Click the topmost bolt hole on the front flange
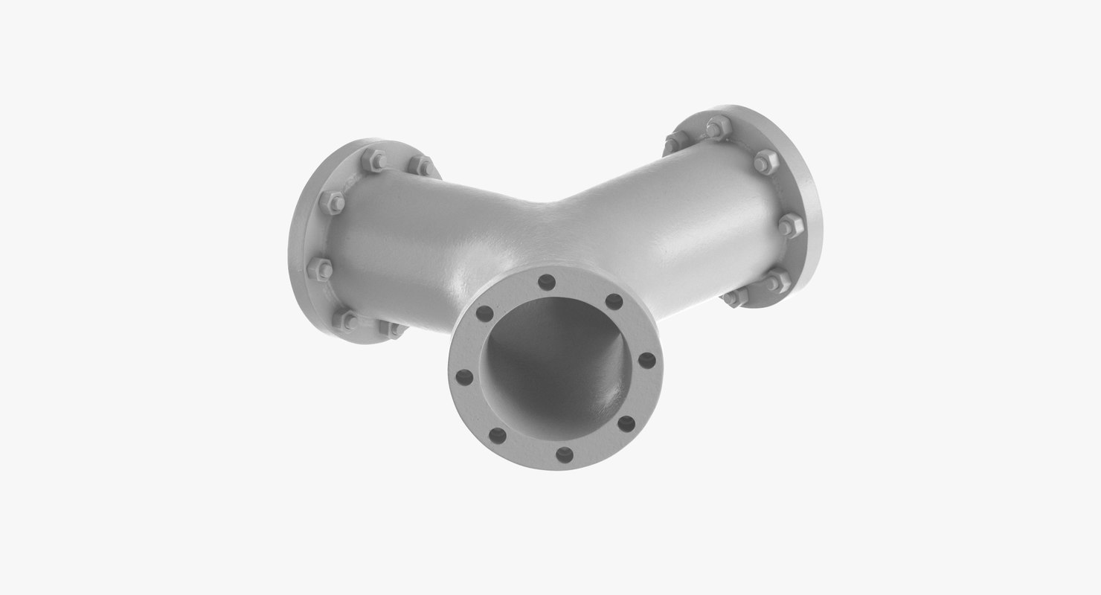(547, 283)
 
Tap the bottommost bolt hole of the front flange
(565, 454)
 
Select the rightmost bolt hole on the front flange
(647, 361)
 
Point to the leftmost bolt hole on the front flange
(464, 377)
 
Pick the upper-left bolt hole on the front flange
(484, 314)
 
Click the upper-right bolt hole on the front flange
(614, 301)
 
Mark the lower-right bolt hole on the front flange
(626, 424)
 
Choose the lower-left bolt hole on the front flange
(498, 436)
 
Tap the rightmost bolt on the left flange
(423, 165)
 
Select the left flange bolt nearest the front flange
(392, 328)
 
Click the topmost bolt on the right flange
(716, 127)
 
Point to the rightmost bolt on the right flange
(790, 224)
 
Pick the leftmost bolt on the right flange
(675, 141)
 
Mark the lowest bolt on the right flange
(735, 297)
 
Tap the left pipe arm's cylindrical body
(417, 238)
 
